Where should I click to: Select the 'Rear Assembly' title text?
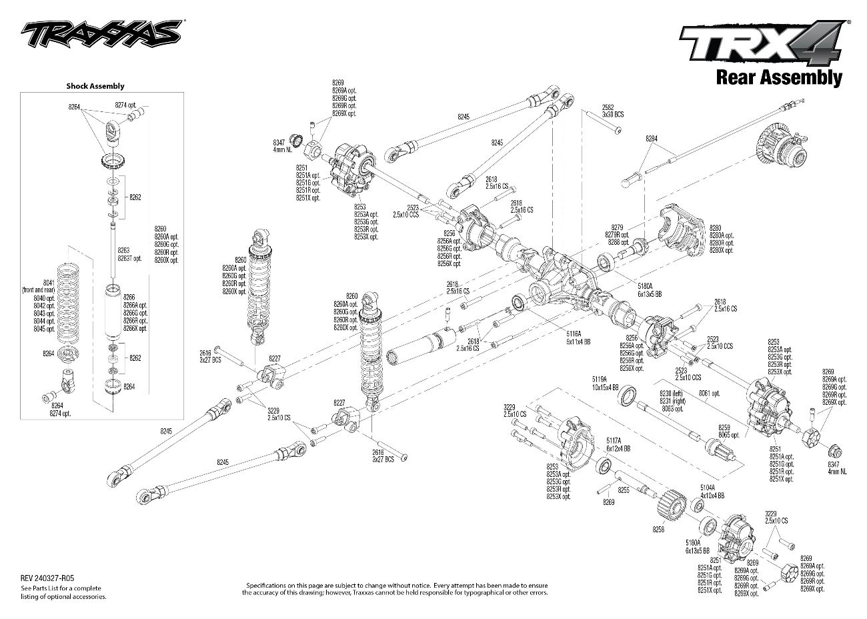(x=778, y=77)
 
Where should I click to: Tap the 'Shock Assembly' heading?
(x=95, y=86)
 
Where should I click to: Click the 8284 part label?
(x=652, y=139)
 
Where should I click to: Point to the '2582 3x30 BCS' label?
(x=612, y=111)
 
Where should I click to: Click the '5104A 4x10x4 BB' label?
(x=712, y=492)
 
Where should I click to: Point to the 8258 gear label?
(x=658, y=528)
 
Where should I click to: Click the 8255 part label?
(x=624, y=490)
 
